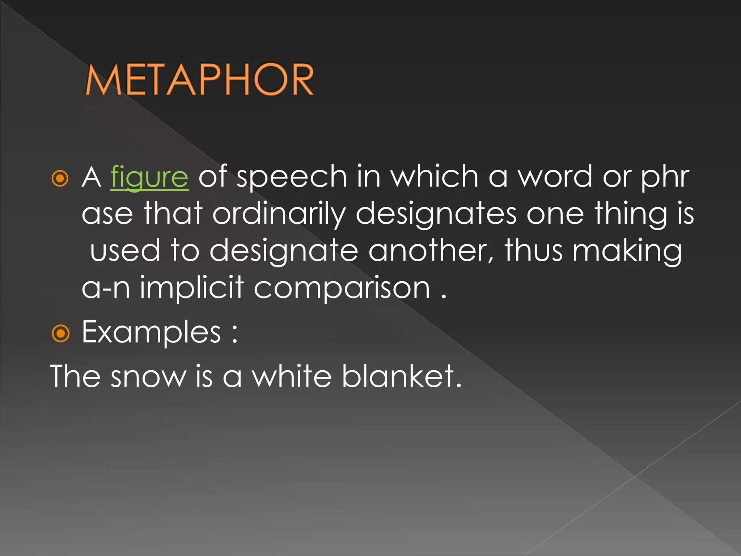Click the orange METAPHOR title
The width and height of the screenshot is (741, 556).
(x=199, y=80)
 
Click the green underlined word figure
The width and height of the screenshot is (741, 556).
(x=149, y=177)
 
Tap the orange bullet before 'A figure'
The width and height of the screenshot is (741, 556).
(x=60, y=178)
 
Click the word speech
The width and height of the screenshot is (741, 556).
(x=292, y=177)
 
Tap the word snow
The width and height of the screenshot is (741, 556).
(x=148, y=377)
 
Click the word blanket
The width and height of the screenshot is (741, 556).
(x=402, y=376)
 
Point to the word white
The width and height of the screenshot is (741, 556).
(x=292, y=376)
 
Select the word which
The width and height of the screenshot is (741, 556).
(x=434, y=177)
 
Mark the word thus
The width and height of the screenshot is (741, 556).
(x=534, y=250)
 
